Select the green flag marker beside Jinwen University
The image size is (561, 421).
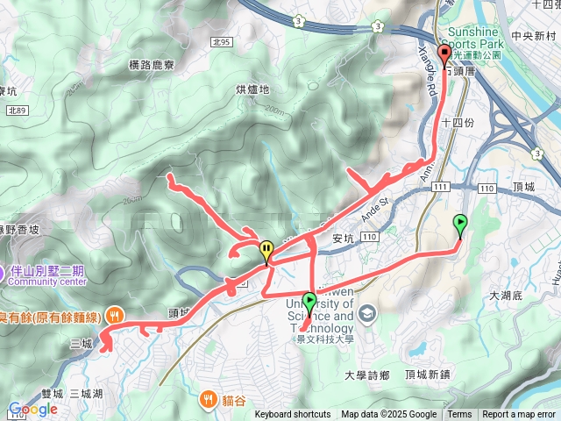[309, 302]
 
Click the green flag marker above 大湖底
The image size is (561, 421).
[461, 225]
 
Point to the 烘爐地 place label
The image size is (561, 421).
[252, 90]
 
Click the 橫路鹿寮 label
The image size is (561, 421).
[152, 65]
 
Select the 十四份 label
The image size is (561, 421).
[458, 124]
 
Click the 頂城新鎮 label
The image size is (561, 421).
[428, 375]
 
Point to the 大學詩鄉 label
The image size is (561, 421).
[366, 375]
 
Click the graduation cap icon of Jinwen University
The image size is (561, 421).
[366, 311]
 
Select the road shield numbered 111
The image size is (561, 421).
[440, 188]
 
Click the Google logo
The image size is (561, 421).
[32, 409]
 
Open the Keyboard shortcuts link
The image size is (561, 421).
[293, 415]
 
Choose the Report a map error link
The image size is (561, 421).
[519, 415]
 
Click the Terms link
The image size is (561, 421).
[459, 415]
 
